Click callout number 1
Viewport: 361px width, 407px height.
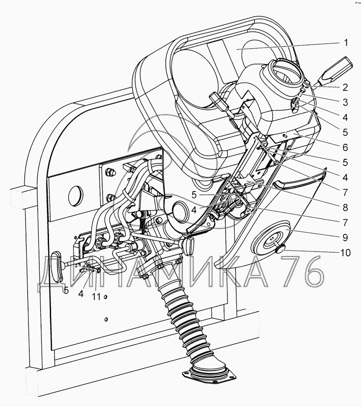pyautogui.click(x=346, y=42)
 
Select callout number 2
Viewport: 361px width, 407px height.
pyautogui.click(x=346, y=88)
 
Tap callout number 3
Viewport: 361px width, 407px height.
pyautogui.click(x=346, y=102)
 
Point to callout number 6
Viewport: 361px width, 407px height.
pyautogui.click(x=346, y=147)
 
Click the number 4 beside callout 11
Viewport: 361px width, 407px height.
pyautogui.click(x=81, y=294)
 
